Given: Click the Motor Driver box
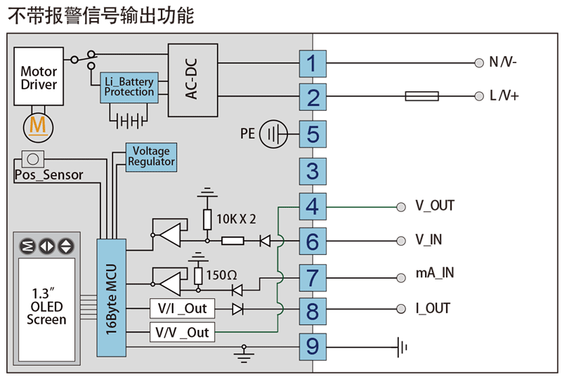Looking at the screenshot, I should point(39,78).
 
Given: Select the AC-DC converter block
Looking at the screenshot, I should point(192,80).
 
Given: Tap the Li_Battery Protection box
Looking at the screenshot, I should point(129,88).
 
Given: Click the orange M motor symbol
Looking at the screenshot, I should point(38,126).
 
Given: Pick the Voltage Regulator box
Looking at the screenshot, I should point(151,157).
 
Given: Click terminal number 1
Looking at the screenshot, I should point(313,64).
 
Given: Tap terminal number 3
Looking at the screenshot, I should point(313,171).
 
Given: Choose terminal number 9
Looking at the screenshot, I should point(313,345).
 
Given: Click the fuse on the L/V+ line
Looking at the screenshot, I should point(421,96).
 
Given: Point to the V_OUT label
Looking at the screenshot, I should point(435,206).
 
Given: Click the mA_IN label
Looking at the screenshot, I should point(435,274).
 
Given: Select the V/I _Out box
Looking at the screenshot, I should point(182,309).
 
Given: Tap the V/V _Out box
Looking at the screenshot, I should point(182,332).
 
